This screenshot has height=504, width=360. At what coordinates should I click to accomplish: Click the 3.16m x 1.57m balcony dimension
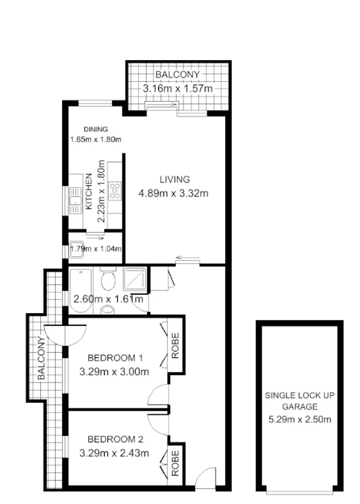pyautogui.click(x=177, y=88)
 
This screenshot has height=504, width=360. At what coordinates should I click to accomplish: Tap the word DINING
pyautogui.click(x=96, y=129)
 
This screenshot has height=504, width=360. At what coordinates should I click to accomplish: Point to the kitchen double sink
pyautogui.click(x=76, y=201)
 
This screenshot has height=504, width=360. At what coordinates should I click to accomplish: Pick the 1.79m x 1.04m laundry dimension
pyautogui.click(x=96, y=249)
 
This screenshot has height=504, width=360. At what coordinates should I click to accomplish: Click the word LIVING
pyautogui.click(x=175, y=179)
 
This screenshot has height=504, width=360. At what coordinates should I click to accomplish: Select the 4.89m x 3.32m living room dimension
pyautogui.click(x=173, y=193)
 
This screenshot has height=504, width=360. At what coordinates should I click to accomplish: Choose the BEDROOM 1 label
pyautogui.click(x=115, y=358)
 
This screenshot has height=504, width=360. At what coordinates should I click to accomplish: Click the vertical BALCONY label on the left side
pyautogui.click(x=41, y=358)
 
